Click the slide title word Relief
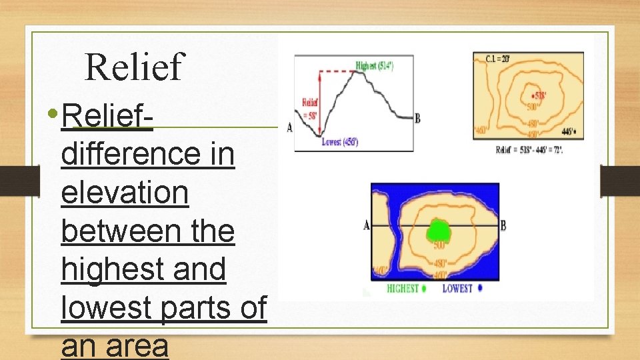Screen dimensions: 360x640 (x=134, y=67)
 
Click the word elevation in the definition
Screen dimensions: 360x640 (x=125, y=194)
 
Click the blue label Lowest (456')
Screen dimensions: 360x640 (x=340, y=142)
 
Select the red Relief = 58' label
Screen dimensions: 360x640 (x=309, y=108)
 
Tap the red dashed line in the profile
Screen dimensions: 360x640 (x=340, y=71)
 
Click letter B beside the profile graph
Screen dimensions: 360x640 (x=417, y=119)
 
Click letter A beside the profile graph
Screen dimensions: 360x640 (x=289, y=127)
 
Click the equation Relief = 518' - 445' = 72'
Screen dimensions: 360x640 (x=529, y=150)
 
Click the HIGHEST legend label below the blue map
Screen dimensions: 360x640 (x=403, y=289)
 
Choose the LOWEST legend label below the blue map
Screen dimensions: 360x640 (x=458, y=289)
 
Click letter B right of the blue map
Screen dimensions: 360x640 (x=503, y=225)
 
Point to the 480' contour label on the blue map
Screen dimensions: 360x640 (x=440, y=263)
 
